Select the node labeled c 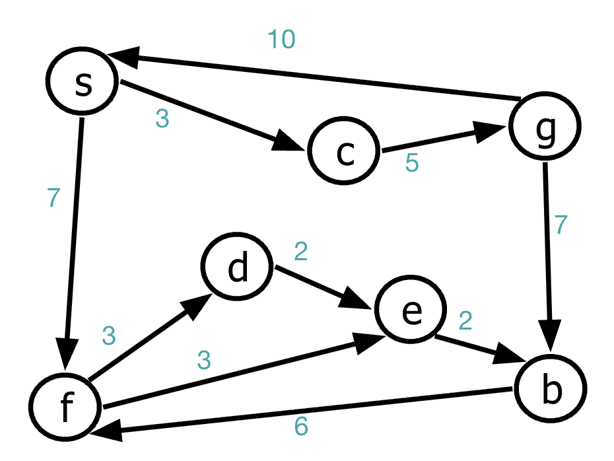click(344, 152)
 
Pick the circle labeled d click(238, 268)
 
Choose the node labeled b click(550, 390)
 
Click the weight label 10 click(281, 40)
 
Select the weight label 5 click(411, 163)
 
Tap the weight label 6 click(300, 427)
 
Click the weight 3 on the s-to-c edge click(162, 119)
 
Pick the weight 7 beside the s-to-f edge click(53, 198)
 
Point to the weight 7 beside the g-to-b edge click(561, 225)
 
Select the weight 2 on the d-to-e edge click(301, 252)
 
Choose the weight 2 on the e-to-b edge click(465, 321)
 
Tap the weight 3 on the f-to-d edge click(110, 336)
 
